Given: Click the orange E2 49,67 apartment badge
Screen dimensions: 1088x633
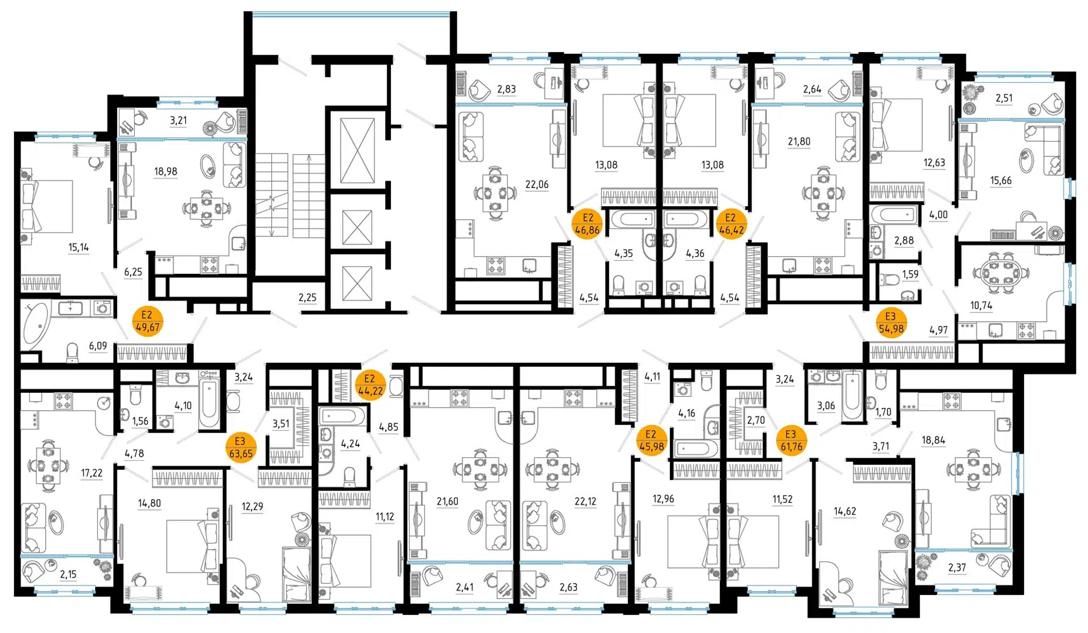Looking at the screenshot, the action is pos(147,321).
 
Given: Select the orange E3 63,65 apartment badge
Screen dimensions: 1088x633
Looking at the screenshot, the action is pos(240,447).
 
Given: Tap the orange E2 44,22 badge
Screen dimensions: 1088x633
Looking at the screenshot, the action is pos(370,384).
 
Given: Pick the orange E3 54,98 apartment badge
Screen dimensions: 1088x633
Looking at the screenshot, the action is pos(891,323).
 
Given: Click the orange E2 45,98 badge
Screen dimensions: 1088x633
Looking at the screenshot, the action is pos(651,440).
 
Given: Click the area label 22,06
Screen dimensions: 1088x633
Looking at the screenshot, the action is pos(536,185).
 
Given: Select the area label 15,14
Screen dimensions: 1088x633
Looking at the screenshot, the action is pos(79,247).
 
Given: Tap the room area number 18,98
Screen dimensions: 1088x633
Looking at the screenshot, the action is pos(165,171).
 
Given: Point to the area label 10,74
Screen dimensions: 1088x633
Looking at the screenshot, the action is pos(981,305).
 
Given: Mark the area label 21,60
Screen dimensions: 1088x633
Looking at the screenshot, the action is pos(447,501).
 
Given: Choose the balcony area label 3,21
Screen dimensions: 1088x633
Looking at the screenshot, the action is pos(178,121).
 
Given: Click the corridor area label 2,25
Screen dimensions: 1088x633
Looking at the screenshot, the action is pos(307,298).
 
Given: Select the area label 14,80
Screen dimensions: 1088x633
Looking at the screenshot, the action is pos(149,503).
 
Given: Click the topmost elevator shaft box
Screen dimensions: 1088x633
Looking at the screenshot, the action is pos(358,148).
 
